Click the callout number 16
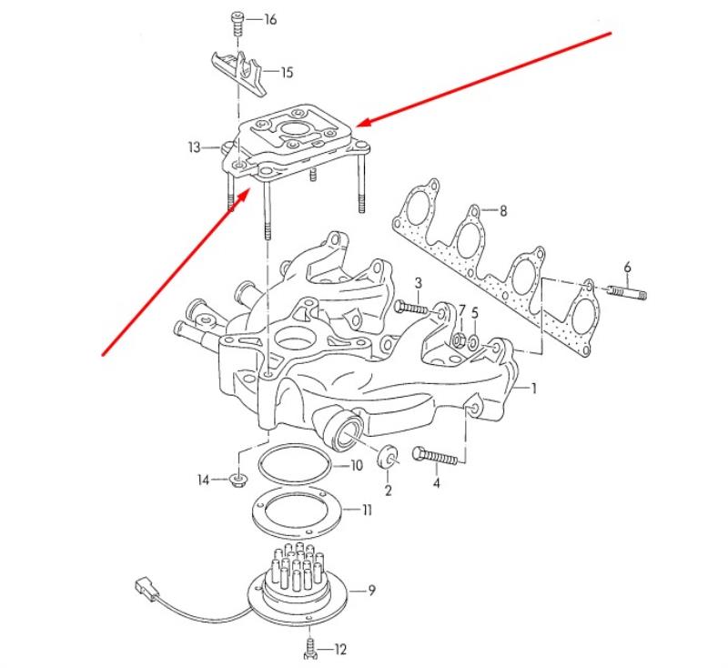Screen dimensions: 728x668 click(x=270, y=19)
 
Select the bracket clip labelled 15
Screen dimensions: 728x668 click(x=238, y=73)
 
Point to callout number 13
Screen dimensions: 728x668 click(x=194, y=147)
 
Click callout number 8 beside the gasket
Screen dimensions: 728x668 click(x=503, y=211)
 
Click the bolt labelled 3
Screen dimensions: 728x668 click(x=410, y=307)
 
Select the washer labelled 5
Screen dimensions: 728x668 click(x=473, y=342)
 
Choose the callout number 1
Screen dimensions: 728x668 click(x=534, y=388)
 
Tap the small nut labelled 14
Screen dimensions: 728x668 click(x=238, y=481)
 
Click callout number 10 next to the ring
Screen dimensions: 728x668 click(x=356, y=466)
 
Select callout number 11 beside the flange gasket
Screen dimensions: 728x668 click(x=368, y=511)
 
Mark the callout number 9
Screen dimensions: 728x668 click(x=371, y=591)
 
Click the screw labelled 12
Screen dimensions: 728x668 click(x=310, y=648)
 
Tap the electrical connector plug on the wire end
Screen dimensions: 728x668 click(x=146, y=588)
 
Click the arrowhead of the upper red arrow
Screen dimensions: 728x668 click(x=367, y=122)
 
